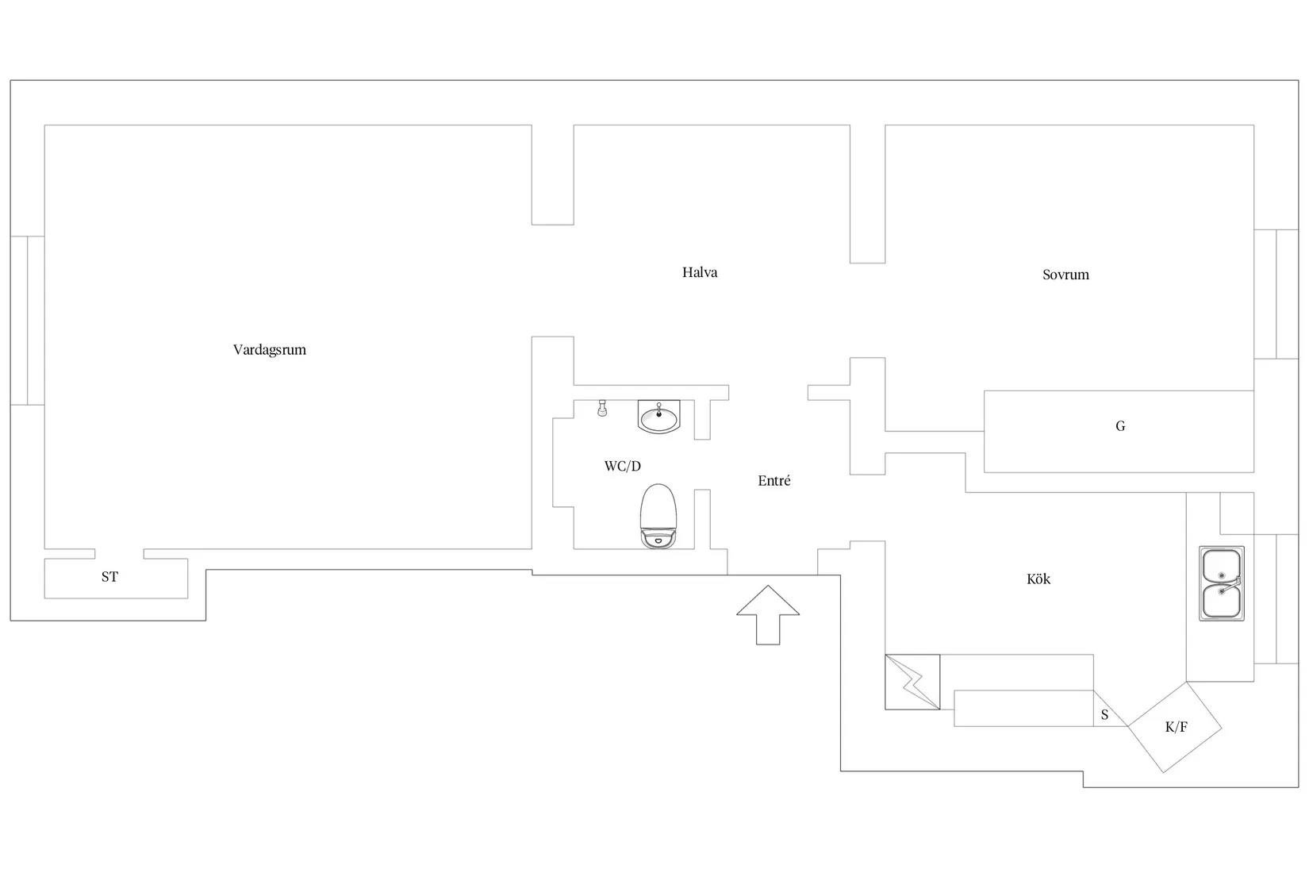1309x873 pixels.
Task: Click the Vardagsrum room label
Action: point(270,350)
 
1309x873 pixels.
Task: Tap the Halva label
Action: point(700,272)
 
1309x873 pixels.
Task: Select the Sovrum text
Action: point(1065,275)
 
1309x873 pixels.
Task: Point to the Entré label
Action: point(773,480)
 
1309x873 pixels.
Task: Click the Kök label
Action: point(1038,579)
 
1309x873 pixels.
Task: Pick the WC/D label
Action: point(622,466)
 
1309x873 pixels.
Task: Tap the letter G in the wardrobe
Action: point(1119,425)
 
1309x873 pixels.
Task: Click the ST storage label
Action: point(109,576)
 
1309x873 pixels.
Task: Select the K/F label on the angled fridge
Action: point(1176,727)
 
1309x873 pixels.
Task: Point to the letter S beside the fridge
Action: point(1104,714)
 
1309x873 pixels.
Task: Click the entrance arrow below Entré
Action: point(767,615)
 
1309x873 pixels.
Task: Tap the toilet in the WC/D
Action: point(658,517)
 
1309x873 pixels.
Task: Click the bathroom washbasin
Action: point(658,417)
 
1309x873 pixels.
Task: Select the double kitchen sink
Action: point(1222,583)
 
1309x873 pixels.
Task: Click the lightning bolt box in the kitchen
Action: point(912,682)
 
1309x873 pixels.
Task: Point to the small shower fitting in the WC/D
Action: point(602,408)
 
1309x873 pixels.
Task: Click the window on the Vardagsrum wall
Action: point(28,321)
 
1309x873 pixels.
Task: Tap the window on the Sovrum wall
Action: point(1276,294)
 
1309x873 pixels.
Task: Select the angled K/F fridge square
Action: point(1175,728)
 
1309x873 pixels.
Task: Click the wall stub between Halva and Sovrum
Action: point(867,194)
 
